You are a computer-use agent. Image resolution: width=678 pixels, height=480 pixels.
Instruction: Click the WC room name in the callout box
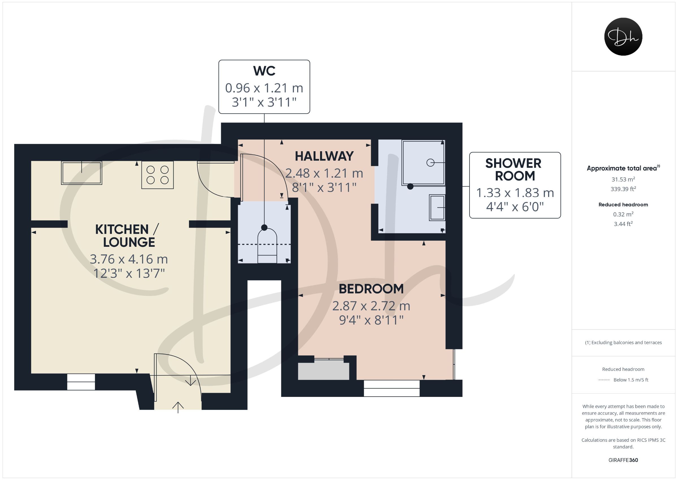pos(264,71)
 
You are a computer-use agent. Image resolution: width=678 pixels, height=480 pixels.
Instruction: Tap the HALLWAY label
pos(324,156)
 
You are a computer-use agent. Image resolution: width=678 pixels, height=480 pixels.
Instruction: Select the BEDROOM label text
pos(371,289)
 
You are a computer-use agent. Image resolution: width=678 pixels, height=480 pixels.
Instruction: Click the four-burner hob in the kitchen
pos(157,175)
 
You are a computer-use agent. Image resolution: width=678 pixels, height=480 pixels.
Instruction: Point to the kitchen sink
pos(82,173)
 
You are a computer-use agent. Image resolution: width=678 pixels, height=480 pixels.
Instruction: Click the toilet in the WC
pos(267,247)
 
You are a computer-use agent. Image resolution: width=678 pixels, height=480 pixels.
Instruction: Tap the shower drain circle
pos(430,163)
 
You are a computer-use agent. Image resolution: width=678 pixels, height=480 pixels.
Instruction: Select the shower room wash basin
pos(437,207)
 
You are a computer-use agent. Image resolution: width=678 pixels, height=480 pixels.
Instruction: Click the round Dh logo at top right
pos(623,37)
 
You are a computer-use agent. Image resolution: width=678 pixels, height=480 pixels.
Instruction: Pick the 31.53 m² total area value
pos(623,179)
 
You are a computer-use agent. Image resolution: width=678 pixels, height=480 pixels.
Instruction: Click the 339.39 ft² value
pos(623,189)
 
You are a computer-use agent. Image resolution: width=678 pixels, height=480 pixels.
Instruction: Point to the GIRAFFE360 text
pos(623,460)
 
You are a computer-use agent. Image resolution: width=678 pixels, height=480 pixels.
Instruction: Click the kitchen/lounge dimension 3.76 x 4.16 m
pos(129,259)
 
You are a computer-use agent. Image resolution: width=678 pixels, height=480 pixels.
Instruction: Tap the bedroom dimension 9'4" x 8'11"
pos(371,320)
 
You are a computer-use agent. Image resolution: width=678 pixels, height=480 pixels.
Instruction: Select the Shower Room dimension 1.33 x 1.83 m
pos(515,193)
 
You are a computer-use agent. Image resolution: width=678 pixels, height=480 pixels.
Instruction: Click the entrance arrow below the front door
pos(178,407)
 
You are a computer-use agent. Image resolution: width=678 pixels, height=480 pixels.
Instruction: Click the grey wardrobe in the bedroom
pos(324,371)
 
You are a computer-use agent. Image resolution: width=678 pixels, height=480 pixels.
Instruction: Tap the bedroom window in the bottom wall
pos(392,388)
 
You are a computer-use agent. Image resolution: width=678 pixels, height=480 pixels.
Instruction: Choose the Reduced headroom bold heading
pos(623,205)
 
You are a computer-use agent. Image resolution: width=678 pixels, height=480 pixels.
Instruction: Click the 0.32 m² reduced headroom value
pos(623,214)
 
